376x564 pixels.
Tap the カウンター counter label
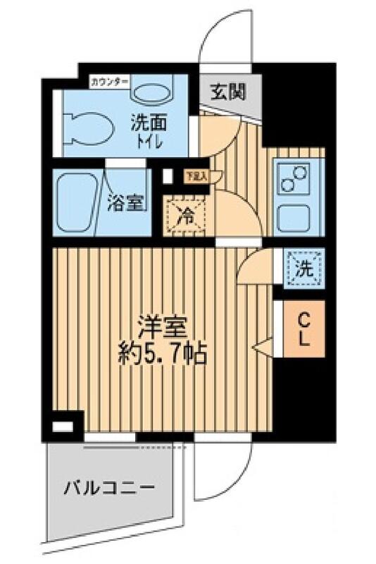[109, 81]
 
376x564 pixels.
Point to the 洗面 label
[148, 121]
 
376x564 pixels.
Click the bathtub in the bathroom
[76, 204]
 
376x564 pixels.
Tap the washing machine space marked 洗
[303, 268]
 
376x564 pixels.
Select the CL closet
[303, 329]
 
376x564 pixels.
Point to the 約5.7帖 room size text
[161, 352]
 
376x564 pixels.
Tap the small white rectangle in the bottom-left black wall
[63, 427]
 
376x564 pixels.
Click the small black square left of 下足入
[167, 176]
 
